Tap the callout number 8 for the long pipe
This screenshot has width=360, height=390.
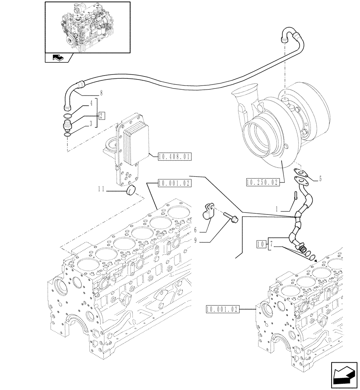click(101, 93)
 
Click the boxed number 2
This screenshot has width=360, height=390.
click(101, 115)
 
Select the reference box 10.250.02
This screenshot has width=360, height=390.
click(263, 182)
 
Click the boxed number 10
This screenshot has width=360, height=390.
click(261, 244)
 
